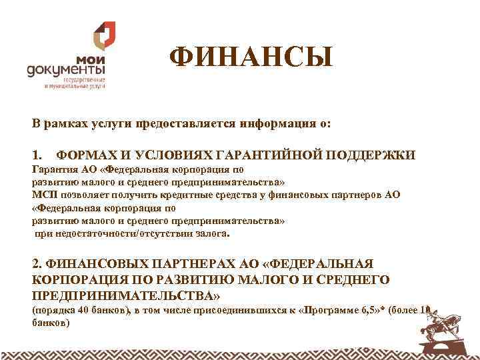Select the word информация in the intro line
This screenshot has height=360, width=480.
[x=255, y=124]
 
